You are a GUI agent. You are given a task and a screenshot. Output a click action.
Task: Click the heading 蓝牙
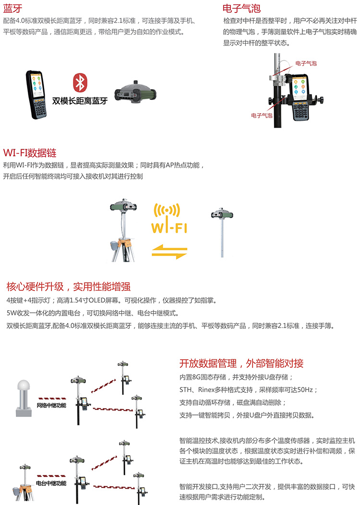12,9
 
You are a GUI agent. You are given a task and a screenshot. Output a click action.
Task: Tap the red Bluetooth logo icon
80,83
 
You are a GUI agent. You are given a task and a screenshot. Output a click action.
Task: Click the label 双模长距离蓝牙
80,101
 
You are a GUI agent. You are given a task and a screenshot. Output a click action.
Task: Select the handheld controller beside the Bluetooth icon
36,94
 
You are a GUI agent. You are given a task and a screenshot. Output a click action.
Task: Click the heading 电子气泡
241,8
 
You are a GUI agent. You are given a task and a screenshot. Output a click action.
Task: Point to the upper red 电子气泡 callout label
306,63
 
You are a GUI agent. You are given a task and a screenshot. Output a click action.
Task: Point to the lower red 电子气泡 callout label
262,115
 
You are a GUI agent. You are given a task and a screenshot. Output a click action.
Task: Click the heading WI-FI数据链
30,153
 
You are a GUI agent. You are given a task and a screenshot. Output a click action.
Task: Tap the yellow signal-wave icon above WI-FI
167,210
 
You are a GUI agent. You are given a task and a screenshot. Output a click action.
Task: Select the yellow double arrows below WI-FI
169,252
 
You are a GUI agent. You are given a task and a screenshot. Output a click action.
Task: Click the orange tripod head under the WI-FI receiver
124,243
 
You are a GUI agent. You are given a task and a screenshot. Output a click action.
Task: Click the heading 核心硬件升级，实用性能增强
68,286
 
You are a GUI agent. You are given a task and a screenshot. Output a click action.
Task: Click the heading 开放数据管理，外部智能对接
241,364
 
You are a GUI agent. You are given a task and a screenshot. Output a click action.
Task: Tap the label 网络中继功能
51,405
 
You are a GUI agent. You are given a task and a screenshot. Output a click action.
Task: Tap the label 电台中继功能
51,483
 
